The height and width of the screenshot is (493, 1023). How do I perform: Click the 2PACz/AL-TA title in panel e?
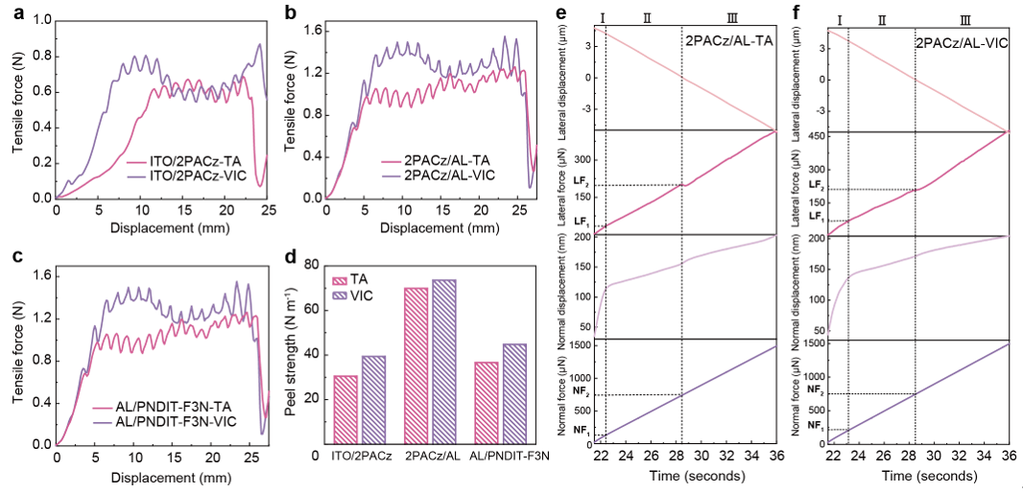pyautogui.click(x=728, y=41)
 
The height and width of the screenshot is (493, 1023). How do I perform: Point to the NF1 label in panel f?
pyautogui.click(x=814, y=424)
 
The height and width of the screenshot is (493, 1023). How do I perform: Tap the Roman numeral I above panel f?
pyautogui.click(x=840, y=17)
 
